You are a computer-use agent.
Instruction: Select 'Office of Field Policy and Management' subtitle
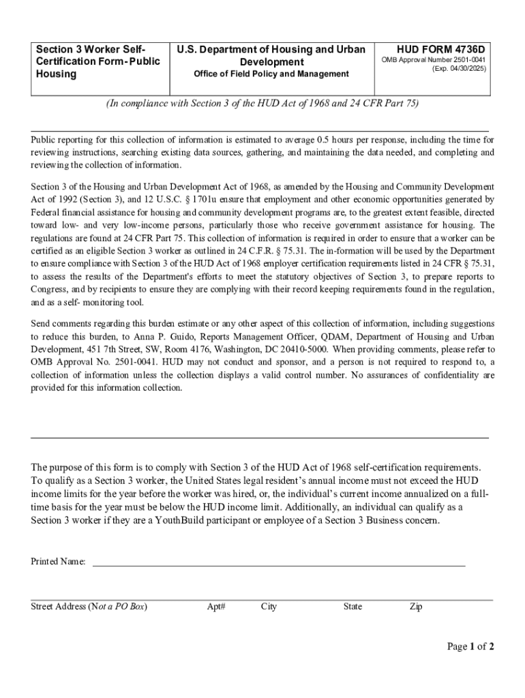(x=271, y=74)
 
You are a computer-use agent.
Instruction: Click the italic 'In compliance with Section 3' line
(x=262, y=104)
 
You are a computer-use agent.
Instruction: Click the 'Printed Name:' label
(x=58, y=562)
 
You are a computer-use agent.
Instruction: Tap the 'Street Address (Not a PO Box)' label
(x=89, y=607)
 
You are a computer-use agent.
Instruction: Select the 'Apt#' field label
(x=216, y=607)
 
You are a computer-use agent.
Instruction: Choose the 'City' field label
(x=269, y=607)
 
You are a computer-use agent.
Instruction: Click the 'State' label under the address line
(x=352, y=607)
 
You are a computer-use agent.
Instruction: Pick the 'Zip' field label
(x=415, y=607)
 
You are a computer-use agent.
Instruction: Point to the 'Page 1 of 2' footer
(x=470, y=647)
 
